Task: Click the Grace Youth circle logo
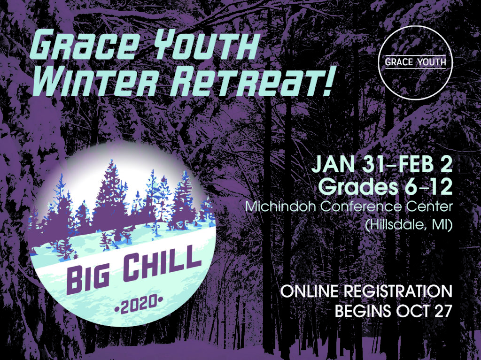point(415,62)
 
